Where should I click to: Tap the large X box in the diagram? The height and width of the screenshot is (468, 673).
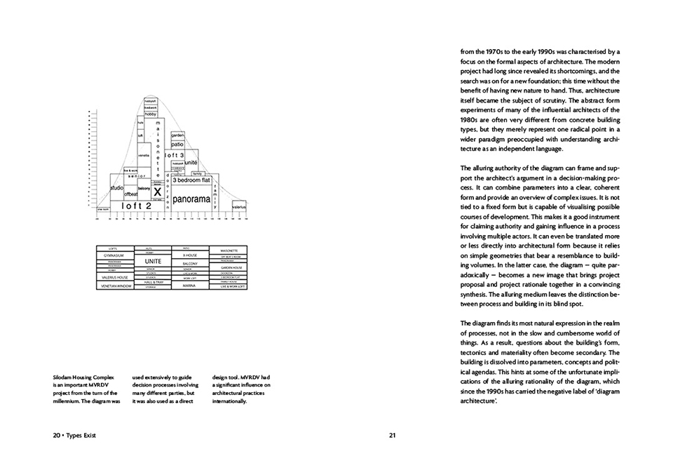coord(158,192)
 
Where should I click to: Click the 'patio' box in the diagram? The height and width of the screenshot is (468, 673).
coord(177,144)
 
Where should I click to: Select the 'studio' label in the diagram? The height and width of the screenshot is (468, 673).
coord(117,188)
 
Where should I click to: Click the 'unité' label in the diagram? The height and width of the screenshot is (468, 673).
coord(191,163)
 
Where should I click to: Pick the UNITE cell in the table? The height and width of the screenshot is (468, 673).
coord(154,261)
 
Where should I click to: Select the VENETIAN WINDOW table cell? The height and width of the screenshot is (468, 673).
coord(113,286)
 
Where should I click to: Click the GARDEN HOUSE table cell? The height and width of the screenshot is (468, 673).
coord(231,268)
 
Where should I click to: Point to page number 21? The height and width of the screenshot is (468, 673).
coord(393,435)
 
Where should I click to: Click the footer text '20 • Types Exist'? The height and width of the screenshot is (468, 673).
coord(74,435)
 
